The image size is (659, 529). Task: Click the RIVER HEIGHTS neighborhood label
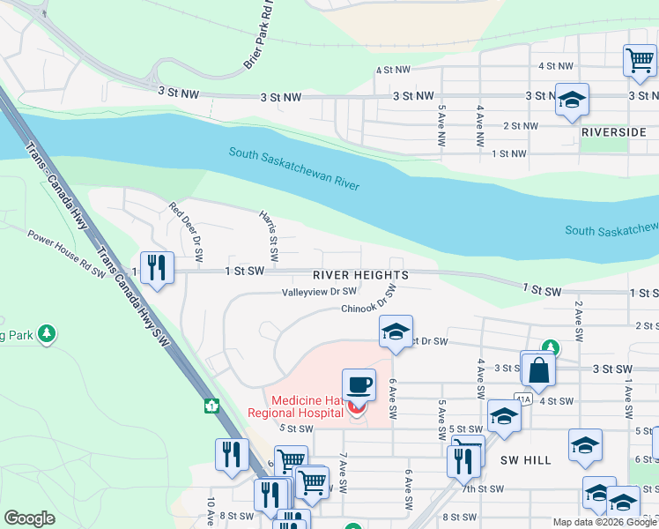(x=360, y=275)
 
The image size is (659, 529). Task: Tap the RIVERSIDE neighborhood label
(x=614, y=131)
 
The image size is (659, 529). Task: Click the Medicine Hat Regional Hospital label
(x=307, y=406)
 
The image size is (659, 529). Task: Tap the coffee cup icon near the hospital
(x=359, y=386)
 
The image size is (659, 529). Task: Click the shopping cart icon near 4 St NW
(x=639, y=61)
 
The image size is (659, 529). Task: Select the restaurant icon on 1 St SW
(x=158, y=267)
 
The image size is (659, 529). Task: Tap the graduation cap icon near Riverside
(x=572, y=101)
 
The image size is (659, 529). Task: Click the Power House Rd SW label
(x=66, y=254)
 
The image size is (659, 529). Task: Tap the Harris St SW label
(x=269, y=235)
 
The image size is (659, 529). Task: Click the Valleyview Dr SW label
(x=319, y=291)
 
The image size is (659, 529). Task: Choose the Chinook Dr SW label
(x=365, y=306)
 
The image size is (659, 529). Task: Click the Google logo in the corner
(x=29, y=518)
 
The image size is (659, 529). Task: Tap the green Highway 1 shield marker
(x=212, y=406)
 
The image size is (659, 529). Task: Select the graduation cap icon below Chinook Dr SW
(x=396, y=332)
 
